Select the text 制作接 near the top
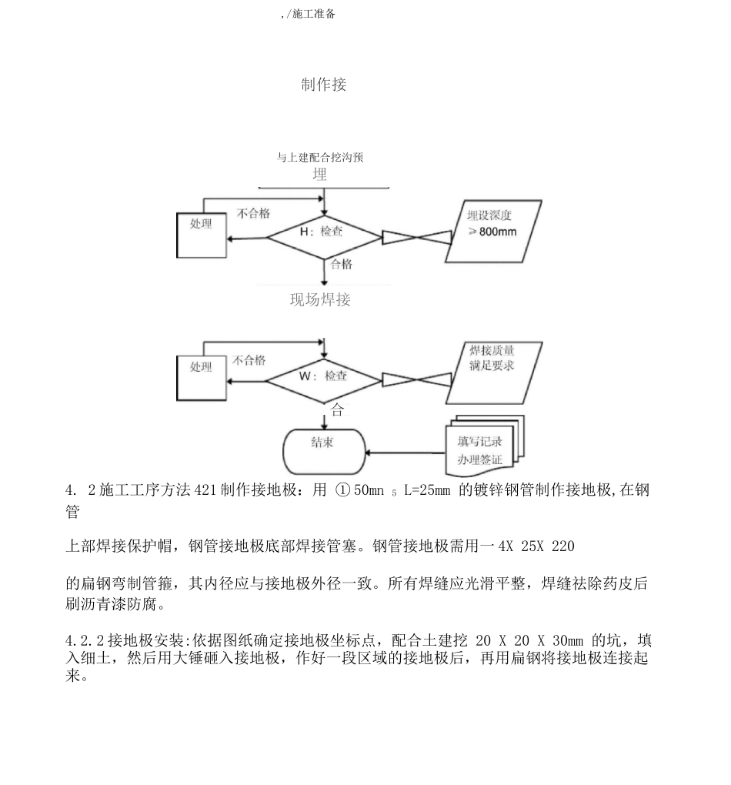(323, 85)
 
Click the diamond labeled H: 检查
(324, 232)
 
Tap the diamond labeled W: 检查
(324, 377)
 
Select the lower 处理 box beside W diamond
(202, 378)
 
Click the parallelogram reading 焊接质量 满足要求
(493, 373)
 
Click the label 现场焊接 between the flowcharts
(320, 300)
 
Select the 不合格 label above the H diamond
(253, 214)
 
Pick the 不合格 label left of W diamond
(249, 360)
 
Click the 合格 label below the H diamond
(342, 264)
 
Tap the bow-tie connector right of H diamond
(416, 236)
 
